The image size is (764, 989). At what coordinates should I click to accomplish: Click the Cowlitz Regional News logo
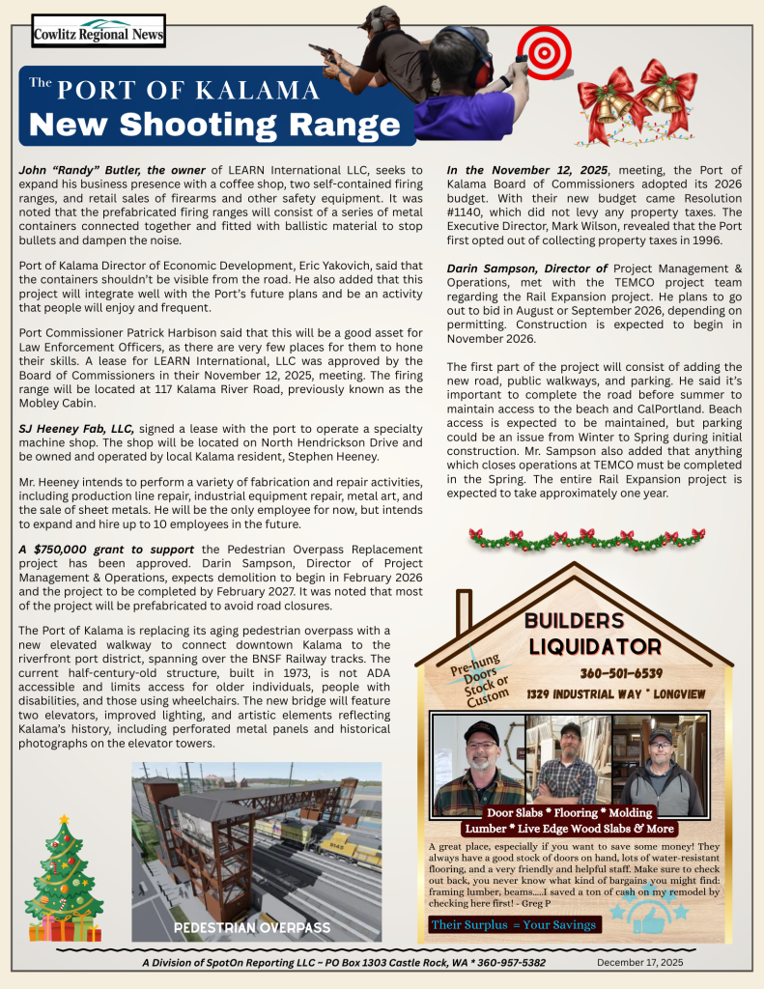click(98, 32)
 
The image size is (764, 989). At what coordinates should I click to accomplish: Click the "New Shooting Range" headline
click(214, 125)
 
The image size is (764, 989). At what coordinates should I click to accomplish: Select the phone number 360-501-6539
click(621, 673)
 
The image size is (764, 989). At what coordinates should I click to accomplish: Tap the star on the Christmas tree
click(64, 820)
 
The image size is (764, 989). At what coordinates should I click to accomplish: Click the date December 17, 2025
click(639, 962)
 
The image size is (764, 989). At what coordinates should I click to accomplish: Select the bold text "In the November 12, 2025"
click(526, 170)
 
